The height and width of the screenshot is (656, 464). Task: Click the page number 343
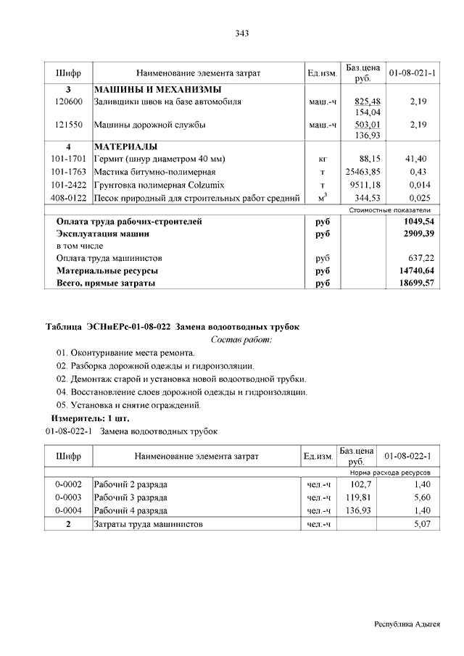click(242, 33)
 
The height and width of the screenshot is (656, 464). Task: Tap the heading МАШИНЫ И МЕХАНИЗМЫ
click(157, 89)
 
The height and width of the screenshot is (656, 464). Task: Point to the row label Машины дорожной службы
click(150, 125)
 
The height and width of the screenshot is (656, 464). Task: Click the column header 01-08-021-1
click(412, 72)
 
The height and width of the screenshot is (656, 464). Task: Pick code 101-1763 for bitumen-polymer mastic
click(69, 171)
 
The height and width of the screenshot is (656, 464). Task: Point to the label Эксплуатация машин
click(103, 234)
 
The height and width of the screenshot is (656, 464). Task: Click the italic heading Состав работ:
click(241, 339)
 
